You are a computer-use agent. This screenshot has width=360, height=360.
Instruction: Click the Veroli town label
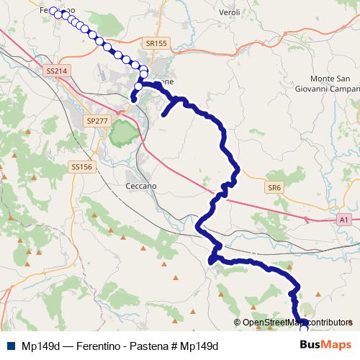pos(229,14)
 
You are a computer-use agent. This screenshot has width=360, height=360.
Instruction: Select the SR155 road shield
pos(156,44)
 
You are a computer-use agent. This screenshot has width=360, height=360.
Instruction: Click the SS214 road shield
pos(55,71)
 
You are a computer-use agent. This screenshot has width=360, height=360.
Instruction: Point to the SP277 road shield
pos(96,120)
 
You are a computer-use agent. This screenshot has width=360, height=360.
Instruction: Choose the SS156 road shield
pos(81,166)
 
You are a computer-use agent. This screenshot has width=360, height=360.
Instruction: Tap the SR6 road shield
pos(274,187)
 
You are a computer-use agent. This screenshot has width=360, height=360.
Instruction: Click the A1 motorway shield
pos(343,219)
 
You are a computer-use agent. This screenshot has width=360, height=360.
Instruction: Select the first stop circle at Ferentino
pos(52,11)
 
